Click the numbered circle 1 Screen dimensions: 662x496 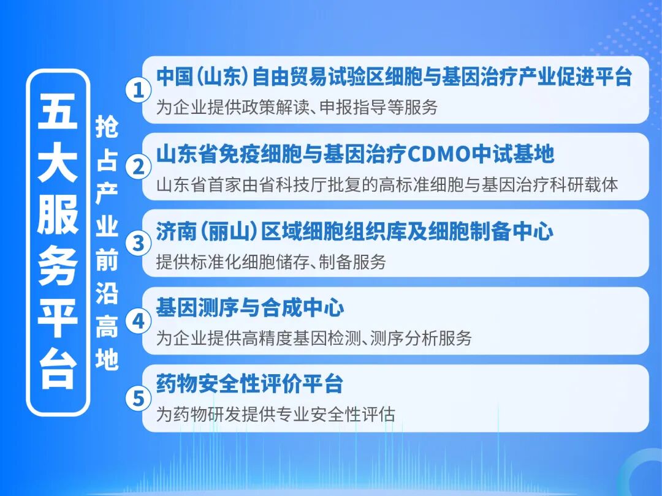click(138, 90)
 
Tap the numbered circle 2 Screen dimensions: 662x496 click(138, 167)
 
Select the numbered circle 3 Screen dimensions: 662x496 click(138, 243)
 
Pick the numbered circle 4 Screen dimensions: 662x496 click(138, 321)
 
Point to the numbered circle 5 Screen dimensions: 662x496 click(138, 399)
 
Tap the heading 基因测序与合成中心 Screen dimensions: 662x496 click(250, 307)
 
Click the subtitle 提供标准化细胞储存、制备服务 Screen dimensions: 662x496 click(271, 262)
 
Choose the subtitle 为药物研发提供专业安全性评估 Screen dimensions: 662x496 click(276, 414)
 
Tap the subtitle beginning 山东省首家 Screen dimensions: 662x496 click(387, 185)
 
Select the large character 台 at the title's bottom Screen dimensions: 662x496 click(58, 369)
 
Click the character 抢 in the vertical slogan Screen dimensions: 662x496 click(107, 127)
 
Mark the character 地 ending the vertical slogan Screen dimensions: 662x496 click(107, 359)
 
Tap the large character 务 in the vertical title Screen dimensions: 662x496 click(58, 266)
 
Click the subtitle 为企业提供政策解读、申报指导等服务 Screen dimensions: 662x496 click(297, 107)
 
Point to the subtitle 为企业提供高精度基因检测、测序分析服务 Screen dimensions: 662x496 click(314, 338)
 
